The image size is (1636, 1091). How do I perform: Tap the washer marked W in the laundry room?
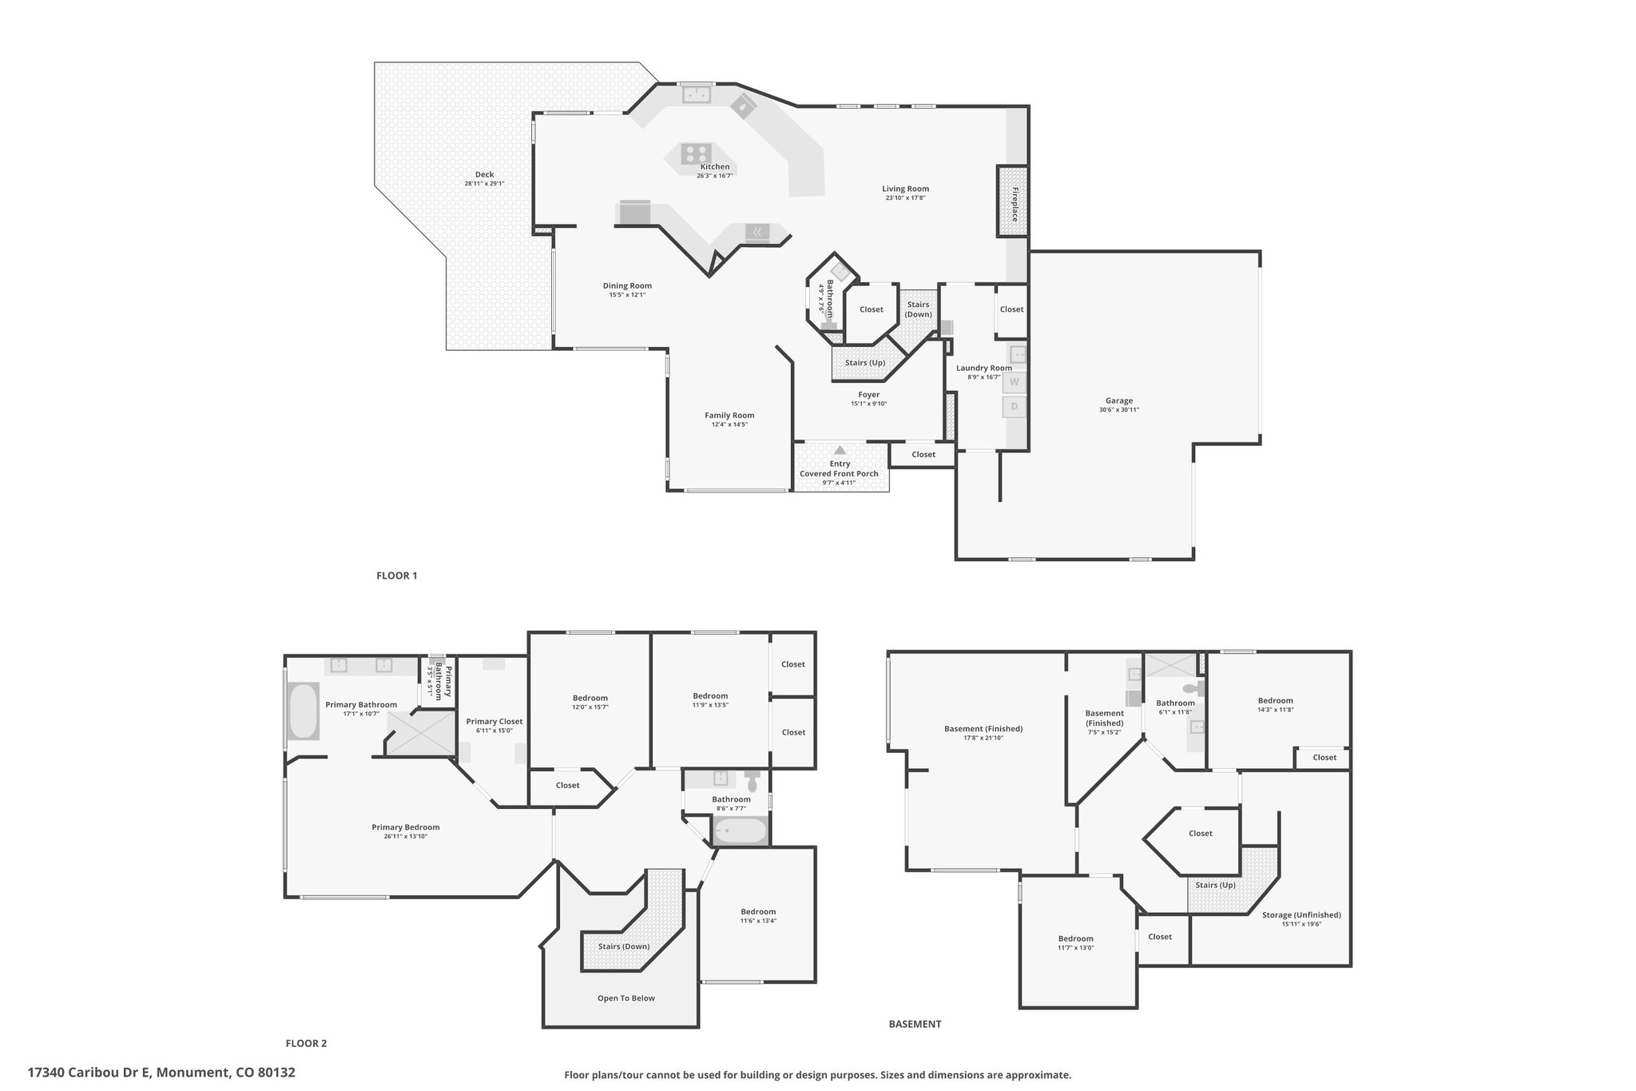[x=1015, y=382]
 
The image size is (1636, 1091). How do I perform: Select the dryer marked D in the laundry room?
[x=1015, y=407]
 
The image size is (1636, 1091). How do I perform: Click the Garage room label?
[x=1118, y=401]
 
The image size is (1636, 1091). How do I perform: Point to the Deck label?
[x=484, y=174]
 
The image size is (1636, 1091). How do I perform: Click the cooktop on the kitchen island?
[x=696, y=153]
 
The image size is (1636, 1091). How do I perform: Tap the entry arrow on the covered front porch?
[x=840, y=451]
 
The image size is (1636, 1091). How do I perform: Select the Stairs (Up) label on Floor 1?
[x=865, y=363]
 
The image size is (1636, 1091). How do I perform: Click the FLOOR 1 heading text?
[x=397, y=575]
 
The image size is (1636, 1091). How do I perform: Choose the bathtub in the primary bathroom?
[x=303, y=711]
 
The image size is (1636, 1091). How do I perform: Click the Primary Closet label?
[x=494, y=722]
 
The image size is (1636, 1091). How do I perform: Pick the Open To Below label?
[x=626, y=998]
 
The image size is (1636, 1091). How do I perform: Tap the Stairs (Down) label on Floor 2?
[x=624, y=946]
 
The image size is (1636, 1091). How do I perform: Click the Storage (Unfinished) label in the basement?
[x=1301, y=915]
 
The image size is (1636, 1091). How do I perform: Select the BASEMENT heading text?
[x=915, y=1024]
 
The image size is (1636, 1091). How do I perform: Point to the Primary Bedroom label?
[x=406, y=827]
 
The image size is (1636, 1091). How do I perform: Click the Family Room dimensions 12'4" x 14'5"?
[x=729, y=424]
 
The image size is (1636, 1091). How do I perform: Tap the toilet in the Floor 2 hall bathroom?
[x=752, y=779]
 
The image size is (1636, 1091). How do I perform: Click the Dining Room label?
[x=627, y=285]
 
